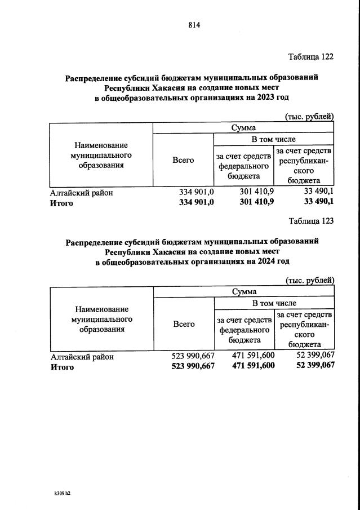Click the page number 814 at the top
[194, 25]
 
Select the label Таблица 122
[310, 57]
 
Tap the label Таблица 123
[310, 221]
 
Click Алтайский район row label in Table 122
[82, 193]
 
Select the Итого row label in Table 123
[62, 367]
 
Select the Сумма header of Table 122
[243, 128]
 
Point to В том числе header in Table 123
[274, 303]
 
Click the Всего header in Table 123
[184, 324]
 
